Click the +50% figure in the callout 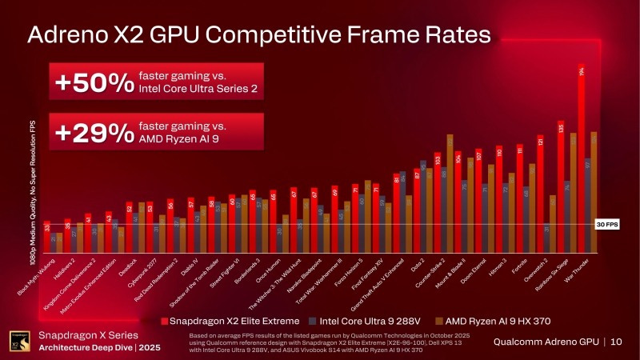click(x=92, y=82)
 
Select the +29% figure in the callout click(x=92, y=133)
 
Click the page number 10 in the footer click(x=616, y=342)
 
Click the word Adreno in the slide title click(x=78, y=35)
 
